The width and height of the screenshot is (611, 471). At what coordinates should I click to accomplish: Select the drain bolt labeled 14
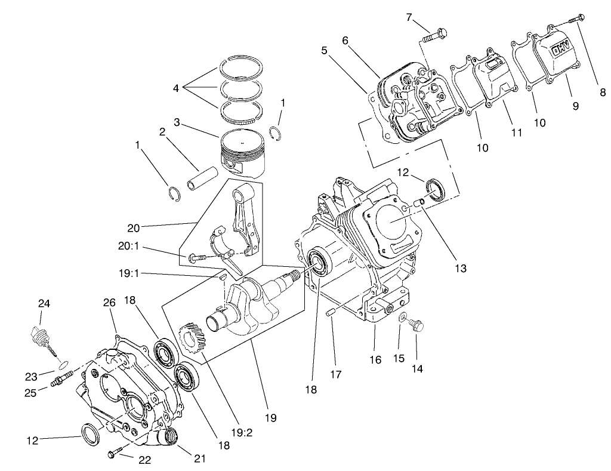418,324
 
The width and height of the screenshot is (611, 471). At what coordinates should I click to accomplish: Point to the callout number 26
109,303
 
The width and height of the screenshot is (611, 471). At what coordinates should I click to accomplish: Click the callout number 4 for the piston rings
175,88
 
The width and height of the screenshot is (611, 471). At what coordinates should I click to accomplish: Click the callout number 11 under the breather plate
517,132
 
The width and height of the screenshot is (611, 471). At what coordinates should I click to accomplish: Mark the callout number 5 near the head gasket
324,51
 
